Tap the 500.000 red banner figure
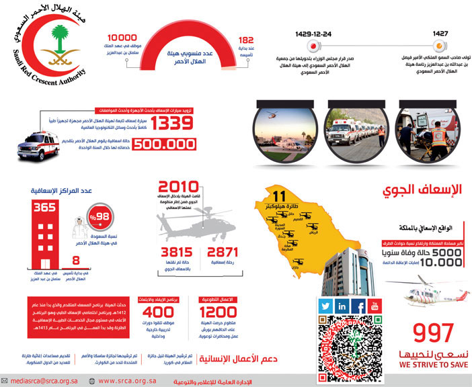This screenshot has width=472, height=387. [x=167, y=144]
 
